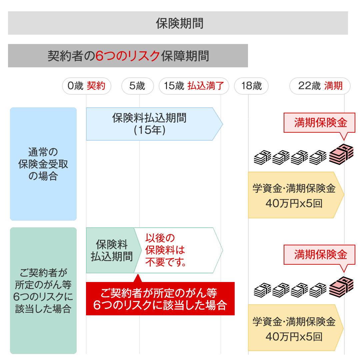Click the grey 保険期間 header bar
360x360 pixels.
pyautogui.click(x=178, y=23)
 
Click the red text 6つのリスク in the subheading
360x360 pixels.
pyautogui.click(x=128, y=56)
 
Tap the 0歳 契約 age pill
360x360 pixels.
pyautogui.click(x=86, y=86)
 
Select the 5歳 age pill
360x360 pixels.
pyautogui.click(x=137, y=86)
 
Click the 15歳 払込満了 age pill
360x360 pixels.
pyautogui.click(x=194, y=86)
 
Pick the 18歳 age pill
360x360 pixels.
pyautogui.click(x=251, y=86)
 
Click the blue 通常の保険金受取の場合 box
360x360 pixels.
pyautogui.click(x=43, y=164)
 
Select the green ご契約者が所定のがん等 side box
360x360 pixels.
pyautogui.click(x=43, y=291)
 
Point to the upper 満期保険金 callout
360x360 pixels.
pyautogui.click(x=319, y=123)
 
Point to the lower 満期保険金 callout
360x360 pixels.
pyautogui.click(x=319, y=255)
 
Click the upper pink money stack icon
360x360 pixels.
pyautogui.click(x=341, y=154)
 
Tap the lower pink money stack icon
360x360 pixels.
pyautogui.click(x=341, y=286)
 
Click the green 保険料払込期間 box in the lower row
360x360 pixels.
pyautogui.click(x=111, y=250)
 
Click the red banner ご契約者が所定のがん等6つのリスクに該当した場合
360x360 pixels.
pyautogui.click(x=160, y=299)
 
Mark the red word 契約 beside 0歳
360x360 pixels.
pyautogui.click(x=96, y=86)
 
